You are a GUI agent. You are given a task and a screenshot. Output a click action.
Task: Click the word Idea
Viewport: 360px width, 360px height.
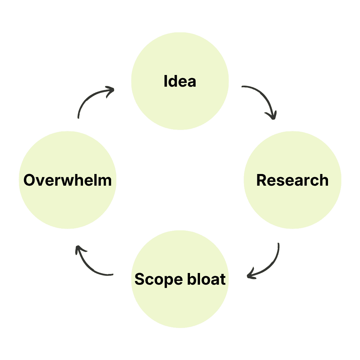(180, 81)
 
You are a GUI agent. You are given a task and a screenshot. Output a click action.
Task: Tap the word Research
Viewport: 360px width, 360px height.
(292, 180)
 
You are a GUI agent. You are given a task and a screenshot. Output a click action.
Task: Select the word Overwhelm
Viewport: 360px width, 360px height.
(67, 180)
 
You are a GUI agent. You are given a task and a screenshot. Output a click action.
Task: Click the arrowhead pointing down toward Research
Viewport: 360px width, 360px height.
(272, 115)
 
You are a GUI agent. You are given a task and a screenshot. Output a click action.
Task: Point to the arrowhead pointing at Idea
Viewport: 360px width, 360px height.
(110, 90)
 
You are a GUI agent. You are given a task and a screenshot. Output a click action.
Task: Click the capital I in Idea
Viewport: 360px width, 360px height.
(166, 81)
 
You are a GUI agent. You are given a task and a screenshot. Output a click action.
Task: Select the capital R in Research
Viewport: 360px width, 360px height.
(261, 180)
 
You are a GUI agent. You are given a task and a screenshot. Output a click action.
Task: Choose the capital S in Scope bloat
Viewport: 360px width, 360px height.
(139, 279)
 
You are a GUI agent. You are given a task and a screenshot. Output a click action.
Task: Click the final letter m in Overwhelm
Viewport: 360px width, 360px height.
(105, 180)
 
